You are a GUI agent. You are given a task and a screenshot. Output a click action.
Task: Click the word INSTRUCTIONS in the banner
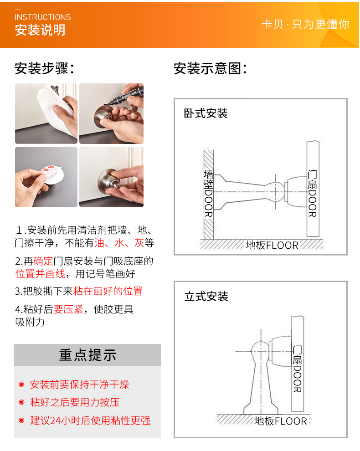(42, 17)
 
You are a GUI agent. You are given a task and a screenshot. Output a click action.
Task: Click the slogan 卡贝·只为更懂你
(306, 24)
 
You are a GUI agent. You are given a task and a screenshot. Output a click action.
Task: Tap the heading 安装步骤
(44, 68)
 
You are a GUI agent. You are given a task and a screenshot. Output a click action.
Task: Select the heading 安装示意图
(210, 68)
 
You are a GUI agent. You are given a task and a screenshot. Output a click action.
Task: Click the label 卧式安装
(206, 113)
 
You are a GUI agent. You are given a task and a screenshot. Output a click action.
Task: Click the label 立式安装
(206, 296)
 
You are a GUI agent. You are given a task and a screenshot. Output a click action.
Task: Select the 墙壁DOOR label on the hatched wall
(208, 193)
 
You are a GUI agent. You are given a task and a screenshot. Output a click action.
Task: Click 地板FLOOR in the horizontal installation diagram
(272, 245)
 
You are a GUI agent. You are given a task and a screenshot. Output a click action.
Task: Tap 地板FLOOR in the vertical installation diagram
(281, 421)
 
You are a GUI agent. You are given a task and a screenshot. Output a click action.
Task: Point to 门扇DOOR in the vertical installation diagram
(297, 369)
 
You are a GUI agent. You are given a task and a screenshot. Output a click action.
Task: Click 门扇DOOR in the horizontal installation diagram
(312, 193)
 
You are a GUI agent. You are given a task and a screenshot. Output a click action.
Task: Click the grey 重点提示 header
(87, 355)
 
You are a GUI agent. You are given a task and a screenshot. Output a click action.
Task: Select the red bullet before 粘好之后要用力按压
(21, 402)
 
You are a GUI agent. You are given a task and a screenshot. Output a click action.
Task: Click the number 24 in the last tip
(55, 420)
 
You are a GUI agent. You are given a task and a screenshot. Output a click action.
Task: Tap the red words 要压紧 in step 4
(68, 309)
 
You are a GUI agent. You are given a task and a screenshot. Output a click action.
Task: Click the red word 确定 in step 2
(43, 261)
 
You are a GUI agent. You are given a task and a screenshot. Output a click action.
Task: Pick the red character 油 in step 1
(99, 243)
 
